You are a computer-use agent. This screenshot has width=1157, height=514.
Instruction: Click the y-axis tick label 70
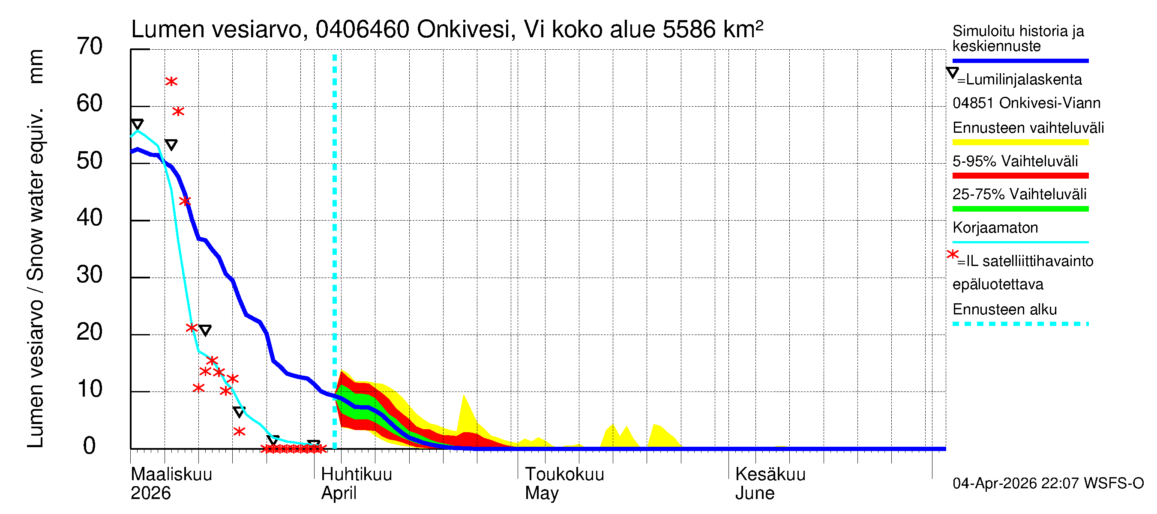click(x=90, y=47)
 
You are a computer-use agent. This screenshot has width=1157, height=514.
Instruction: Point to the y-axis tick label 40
click(x=90, y=218)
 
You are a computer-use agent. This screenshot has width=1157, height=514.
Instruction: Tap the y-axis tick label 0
click(x=90, y=446)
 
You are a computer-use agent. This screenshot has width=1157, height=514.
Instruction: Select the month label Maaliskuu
click(x=171, y=475)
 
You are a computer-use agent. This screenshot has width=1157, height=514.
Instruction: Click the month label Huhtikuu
click(x=356, y=475)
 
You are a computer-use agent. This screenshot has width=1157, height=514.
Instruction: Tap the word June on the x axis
click(x=755, y=493)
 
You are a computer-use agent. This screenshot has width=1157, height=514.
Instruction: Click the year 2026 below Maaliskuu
click(x=150, y=493)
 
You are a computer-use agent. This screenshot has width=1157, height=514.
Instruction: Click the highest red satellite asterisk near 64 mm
click(x=171, y=82)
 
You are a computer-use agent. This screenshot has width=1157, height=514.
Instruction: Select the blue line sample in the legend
click(x=1020, y=60)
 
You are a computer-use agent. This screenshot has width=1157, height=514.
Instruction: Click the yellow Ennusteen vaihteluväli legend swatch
click(x=1020, y=142)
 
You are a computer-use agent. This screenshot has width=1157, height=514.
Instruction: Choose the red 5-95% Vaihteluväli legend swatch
click(x=1020, y=176)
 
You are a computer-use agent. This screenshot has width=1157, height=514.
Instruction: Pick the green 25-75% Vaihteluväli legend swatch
click(x=1020, y=209)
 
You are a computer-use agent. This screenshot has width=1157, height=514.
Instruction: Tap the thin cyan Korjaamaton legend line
click(x=1020, y=242)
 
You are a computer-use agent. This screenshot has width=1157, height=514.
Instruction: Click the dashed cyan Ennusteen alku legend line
click(x=1020, y=324)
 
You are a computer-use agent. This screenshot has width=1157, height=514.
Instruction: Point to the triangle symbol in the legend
click(x=952, y=73)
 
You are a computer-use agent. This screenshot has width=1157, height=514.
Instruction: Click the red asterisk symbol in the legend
click(x=952, y=254)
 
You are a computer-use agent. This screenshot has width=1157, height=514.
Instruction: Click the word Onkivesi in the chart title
click(x=463, y=30)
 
